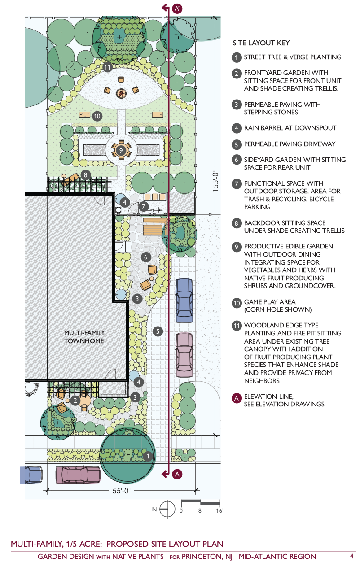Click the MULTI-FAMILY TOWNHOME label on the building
[84, 336]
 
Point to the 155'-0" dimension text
[216, 179]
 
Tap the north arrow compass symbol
[167, 509]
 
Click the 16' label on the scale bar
[219, 510]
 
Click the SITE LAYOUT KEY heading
[261, 44]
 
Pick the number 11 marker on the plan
[107, 68]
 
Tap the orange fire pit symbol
[121, 93]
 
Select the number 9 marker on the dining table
[121, 149]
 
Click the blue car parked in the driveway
[184, 300]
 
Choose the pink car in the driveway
[184, 354]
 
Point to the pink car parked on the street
[78, 475]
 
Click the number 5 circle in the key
[237, 144]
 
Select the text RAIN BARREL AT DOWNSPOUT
[290, 128]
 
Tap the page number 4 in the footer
[351, 556]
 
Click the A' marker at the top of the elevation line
[176, 8]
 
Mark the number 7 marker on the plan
[144, 206]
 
